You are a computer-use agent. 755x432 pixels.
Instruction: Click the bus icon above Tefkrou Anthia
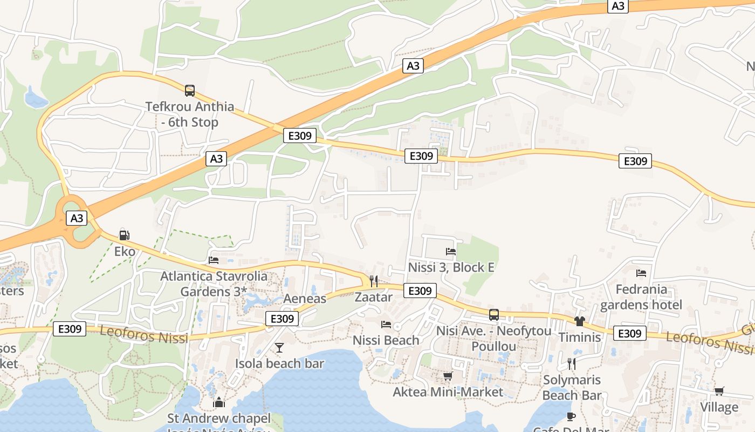(189, 90)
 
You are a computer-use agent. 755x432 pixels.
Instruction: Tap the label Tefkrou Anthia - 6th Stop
(190, 114)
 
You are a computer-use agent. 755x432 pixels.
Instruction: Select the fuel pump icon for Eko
(124, 235)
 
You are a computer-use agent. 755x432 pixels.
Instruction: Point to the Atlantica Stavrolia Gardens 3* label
(214, 283)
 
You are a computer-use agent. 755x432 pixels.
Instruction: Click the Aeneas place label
(305, 299)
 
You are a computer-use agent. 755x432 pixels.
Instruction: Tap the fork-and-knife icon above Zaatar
(373, 281)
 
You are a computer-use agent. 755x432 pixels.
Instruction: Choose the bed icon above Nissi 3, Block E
(451, 251)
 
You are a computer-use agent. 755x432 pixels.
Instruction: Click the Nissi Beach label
(386, 340)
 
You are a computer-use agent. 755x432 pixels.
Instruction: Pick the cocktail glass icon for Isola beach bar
(279, 347)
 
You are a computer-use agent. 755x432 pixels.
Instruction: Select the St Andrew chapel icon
(218, 402)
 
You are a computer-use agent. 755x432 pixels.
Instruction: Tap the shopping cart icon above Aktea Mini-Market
(448, 376)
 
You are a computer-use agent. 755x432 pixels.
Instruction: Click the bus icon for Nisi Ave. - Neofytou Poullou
(493, 315)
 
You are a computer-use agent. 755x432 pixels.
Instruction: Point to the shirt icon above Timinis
(580, 321)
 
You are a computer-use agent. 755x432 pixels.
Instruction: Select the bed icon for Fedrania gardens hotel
(641, 273)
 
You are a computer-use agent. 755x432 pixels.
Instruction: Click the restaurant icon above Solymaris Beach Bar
(572, 363)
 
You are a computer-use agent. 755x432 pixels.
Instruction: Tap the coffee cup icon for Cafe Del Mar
(571, 416)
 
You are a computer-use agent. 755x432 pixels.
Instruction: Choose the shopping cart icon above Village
(719, 391)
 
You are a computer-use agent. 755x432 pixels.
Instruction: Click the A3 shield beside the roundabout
(77, 218)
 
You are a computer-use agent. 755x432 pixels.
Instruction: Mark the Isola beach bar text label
(279, 363)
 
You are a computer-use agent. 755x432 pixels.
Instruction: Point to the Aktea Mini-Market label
(448, 392)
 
